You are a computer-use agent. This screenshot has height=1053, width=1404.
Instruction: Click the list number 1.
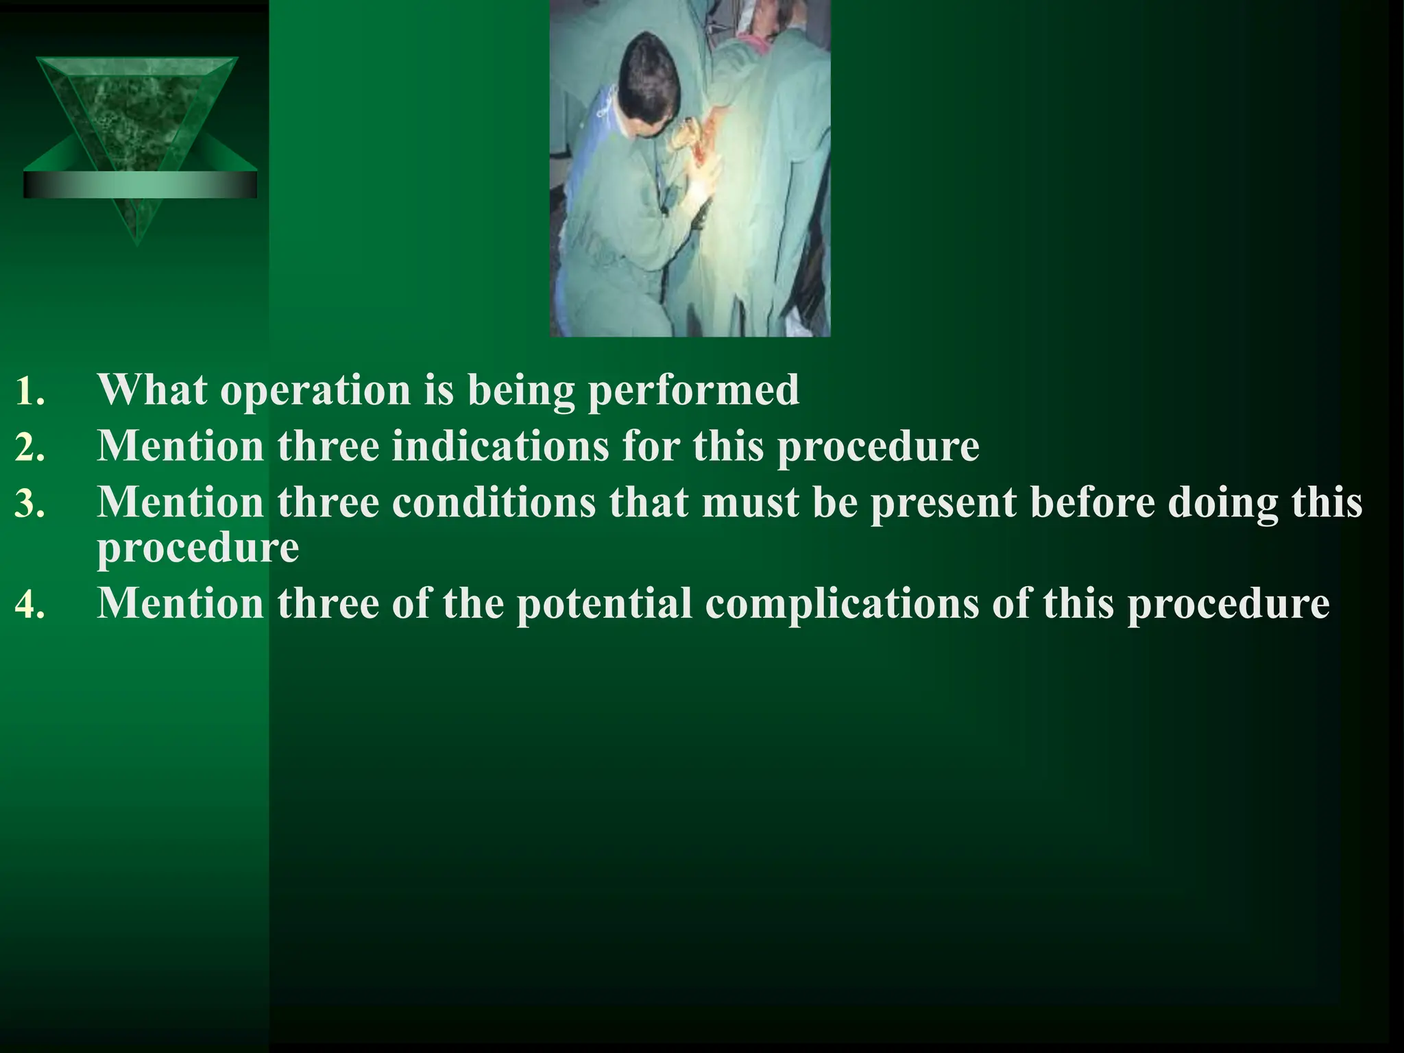tap(29, 392)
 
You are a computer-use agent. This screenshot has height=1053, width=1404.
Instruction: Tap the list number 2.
tap(29, 448)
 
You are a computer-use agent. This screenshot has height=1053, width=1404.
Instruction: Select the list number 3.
tap(29, 505)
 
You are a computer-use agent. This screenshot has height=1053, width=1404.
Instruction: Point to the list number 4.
tap(29, 606)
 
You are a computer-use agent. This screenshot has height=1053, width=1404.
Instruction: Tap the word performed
tap(693, 391)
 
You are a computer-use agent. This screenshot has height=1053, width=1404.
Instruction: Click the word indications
tap(500, 446)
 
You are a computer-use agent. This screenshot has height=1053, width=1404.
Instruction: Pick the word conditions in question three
tap(494, 503)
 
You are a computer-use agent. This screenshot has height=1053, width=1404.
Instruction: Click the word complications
tap(841, 605)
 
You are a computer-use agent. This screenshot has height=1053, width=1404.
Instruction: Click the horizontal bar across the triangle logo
tap(140, 184)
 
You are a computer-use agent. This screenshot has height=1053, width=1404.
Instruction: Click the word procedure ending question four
tap(1228, 605)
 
